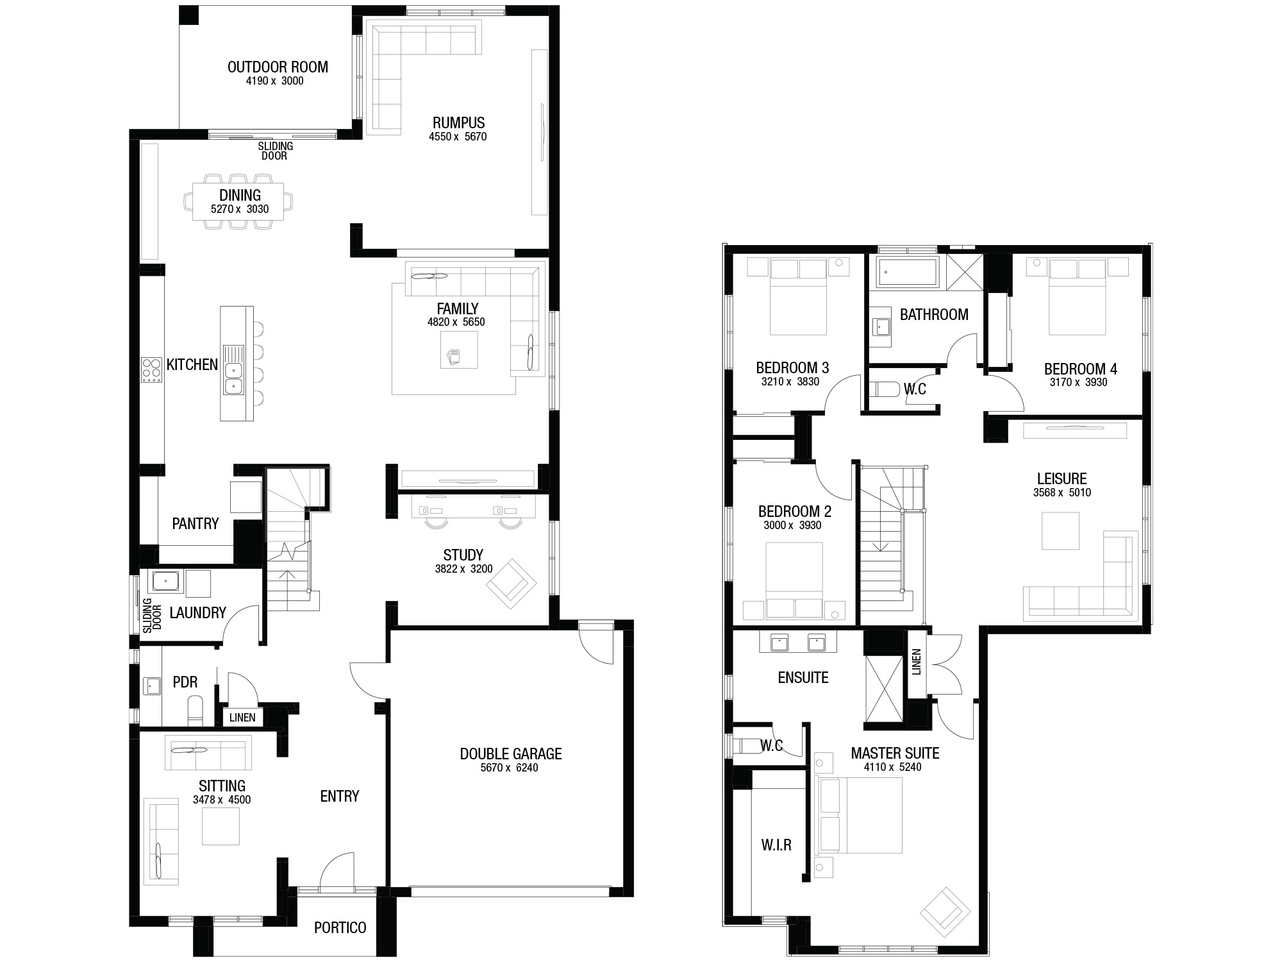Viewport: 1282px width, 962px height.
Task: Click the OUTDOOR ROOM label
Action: (x=278, y=67)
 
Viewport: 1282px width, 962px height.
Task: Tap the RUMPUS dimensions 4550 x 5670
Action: (x=458, y=137)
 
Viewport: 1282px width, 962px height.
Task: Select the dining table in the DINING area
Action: (x=240, y=201)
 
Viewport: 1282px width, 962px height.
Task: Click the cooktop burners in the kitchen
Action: (x=152, y=370)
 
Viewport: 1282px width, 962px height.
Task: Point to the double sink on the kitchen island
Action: (x=233, y=369)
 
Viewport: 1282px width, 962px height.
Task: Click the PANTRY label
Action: (x=196, y=524)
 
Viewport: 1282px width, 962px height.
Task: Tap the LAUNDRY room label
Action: (x=197, y=612)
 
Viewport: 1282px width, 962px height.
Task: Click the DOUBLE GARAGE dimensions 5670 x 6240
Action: (x=510, y=768)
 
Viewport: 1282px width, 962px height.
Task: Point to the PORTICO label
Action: (x=340, y=927)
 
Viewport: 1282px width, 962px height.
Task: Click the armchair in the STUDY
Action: (x=511, y=585)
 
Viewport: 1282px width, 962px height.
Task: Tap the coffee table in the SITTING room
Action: (x=221, y=826)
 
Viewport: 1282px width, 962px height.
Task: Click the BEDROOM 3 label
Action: (x=792, y=368)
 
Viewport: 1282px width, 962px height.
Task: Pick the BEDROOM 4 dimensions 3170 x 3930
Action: (x=1078, y=383)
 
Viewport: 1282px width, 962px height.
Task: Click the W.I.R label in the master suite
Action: (x=776, y=845)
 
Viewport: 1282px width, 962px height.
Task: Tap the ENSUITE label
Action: (x=803, y=678)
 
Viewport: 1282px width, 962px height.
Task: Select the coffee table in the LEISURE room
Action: (x=1061, y=530)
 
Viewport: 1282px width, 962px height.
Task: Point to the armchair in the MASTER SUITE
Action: (x=945, y=913)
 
